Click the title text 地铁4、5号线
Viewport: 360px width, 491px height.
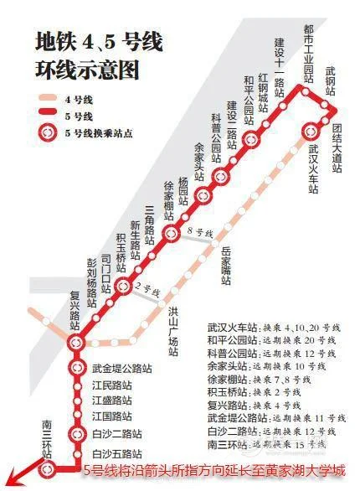tap(98, 41)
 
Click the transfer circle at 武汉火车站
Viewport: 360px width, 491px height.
tap(312, 131)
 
